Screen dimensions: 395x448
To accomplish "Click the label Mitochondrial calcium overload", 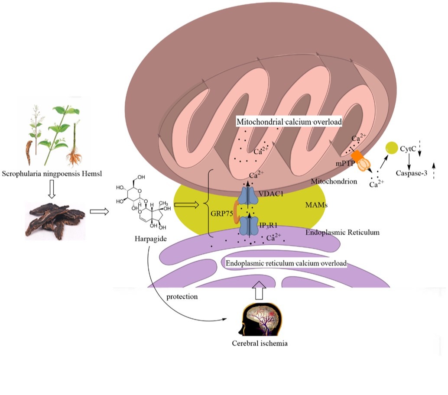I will (x=289, y=122).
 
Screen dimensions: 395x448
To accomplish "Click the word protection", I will (x=182, y=297).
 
